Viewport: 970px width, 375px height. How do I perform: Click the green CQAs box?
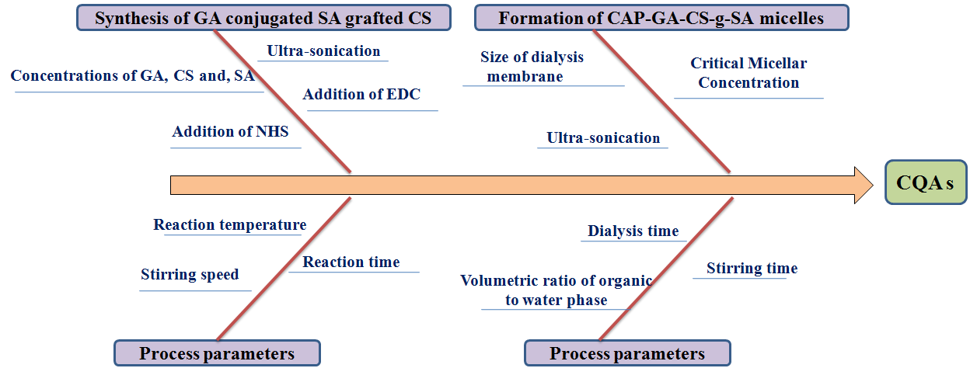click(x=925, y=183)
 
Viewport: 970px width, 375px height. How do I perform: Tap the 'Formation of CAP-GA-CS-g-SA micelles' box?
click(x=661, y=18)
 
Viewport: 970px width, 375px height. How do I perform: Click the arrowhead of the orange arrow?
click(x=864, y=185)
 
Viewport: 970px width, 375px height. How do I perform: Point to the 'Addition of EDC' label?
click(x=361, y=95)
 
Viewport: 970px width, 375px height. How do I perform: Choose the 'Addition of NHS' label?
click(x=230, y=132)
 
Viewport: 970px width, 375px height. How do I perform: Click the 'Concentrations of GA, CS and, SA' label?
click(x=133, y=76)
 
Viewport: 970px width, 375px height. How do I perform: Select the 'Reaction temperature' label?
click(x=229, y=225)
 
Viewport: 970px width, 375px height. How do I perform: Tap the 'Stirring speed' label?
click(x=190, y=275)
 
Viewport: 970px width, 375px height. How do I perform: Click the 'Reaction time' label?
click(x=351, y=262)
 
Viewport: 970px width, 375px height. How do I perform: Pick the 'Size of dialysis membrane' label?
click(x=532, y=67)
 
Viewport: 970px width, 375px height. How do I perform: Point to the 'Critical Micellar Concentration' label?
click(x=748, y=73)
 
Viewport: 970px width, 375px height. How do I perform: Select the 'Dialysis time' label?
click(x=633, y=231)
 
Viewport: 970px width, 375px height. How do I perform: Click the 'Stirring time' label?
click(x=752, y=269)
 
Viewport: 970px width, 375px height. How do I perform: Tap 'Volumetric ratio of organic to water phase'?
click(x=556, y=290)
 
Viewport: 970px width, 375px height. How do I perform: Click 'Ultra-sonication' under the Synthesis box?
click(x=323, y=51)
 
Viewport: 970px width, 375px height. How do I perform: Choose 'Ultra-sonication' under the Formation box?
click(x=603, y=138)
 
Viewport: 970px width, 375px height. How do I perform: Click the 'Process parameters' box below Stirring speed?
click(x=217, y=354)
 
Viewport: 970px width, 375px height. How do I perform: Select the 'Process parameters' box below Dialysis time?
click(x=627, y=354)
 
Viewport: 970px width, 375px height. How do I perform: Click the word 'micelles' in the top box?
click(x=791, y=18)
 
